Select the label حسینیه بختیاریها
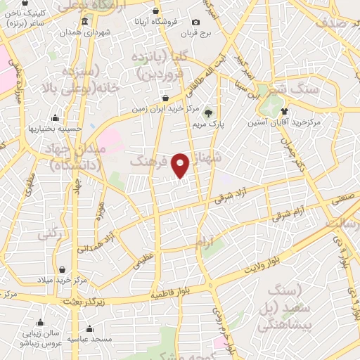click(x=52, y=129)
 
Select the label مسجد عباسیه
click(x=89, y=338)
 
